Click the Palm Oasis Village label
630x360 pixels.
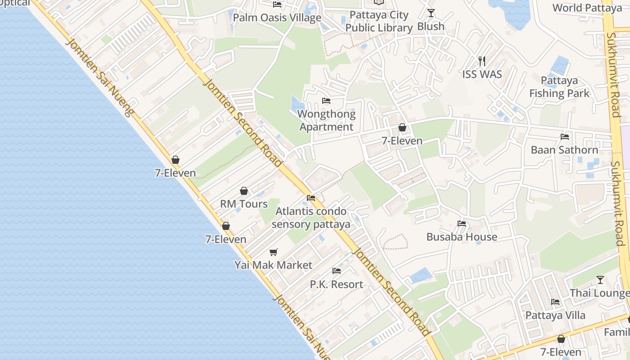(277, 18)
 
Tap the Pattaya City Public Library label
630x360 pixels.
(379, 21)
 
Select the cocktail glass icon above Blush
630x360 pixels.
(431, 13)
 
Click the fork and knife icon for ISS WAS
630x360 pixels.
(482, 61)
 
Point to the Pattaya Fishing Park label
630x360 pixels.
(559, 87)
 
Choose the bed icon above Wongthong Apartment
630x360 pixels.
(326, 101)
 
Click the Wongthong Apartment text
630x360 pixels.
(326, 121)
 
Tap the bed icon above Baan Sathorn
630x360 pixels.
(565, 137)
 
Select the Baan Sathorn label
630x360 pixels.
(564, 150)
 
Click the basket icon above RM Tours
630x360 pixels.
(244, 191)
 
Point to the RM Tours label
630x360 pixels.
(244, 204)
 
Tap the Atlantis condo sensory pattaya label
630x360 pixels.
(311, 218)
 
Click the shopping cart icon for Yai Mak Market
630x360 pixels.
(273, 252)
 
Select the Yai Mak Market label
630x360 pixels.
(273, 265)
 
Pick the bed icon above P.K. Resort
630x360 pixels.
(336, 271)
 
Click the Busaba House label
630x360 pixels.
(462, 237)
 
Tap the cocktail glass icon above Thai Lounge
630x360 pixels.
(600, 280)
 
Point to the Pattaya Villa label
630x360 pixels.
(555, 315)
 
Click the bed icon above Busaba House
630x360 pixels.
(461, 224)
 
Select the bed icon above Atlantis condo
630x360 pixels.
(310, 198)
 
